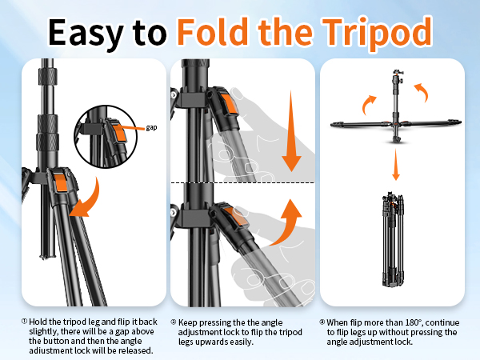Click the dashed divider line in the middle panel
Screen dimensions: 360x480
240,183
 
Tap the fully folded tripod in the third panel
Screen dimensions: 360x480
393,240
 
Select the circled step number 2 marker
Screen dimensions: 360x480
173,321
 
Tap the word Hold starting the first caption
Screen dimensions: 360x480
39,321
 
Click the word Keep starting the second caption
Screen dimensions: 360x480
189,321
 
